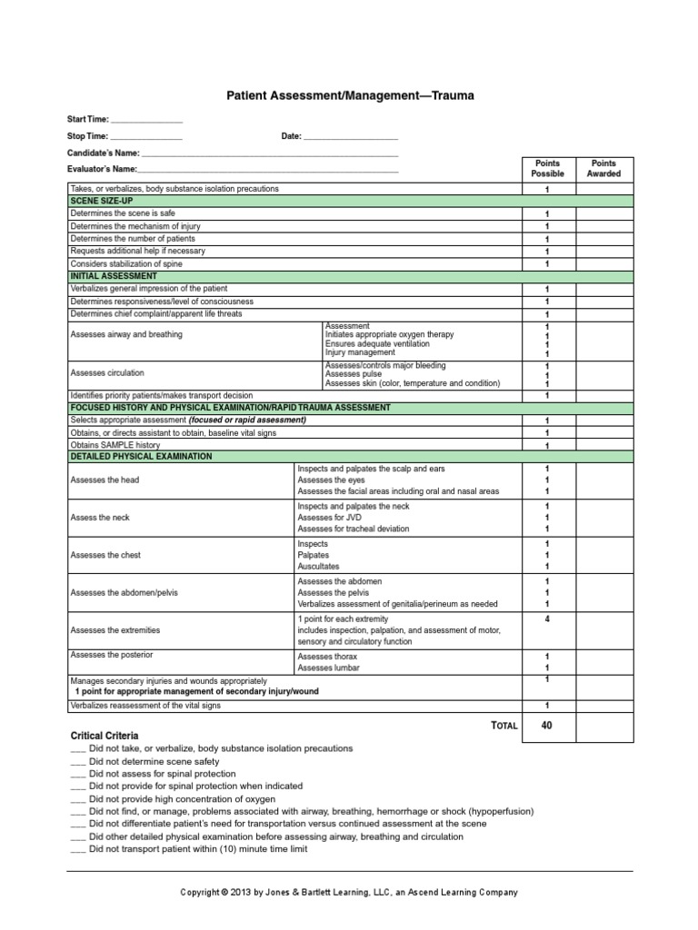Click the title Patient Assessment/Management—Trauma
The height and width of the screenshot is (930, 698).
349,94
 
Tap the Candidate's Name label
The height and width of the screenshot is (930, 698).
104,153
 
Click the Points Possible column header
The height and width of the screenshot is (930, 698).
547,168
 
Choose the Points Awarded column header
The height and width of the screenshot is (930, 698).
603,168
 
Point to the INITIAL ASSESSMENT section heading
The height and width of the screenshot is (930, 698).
114,275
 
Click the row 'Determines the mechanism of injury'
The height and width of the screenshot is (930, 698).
135,225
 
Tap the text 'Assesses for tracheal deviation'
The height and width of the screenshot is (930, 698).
354,529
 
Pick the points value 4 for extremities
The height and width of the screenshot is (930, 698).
547,619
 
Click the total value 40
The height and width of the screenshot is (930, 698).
546,725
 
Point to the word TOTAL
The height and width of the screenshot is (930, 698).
503,726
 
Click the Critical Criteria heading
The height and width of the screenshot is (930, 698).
105,734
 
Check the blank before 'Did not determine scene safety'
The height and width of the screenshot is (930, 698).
77,761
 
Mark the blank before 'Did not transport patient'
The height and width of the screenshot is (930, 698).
77,849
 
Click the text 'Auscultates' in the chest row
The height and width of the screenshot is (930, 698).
318,567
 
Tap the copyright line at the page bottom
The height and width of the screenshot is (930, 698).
349,893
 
